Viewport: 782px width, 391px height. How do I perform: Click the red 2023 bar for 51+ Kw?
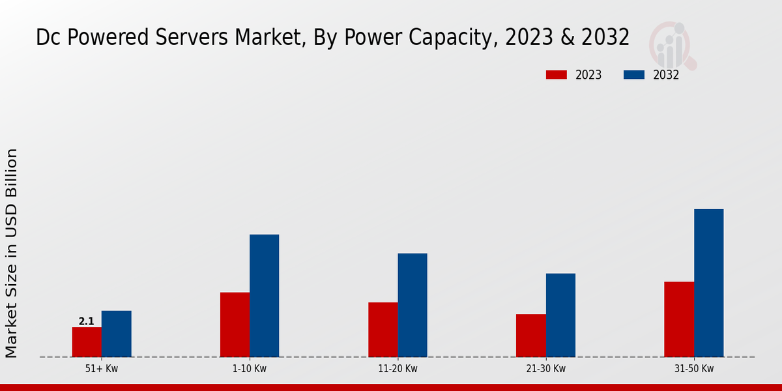pos(87,342)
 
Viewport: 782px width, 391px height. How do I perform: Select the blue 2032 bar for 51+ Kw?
pos(116,334)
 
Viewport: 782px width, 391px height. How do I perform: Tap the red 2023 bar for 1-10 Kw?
pos(235,325)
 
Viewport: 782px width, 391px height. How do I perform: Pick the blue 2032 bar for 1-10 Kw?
pos(264,296)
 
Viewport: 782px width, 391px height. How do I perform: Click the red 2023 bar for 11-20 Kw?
pos(383,330)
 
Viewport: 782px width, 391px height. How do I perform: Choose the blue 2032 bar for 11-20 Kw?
pos(413,305)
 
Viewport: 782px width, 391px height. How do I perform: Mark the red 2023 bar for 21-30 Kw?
pos(530,336)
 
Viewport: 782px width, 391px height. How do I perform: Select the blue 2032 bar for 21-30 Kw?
pos(560,315)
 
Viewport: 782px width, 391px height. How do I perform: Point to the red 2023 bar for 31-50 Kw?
pos(679,319)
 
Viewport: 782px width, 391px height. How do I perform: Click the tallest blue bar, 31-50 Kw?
pos(708,283)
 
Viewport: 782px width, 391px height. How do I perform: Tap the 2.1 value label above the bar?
pos(86,321)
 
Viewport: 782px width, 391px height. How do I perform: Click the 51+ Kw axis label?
pos(102,369)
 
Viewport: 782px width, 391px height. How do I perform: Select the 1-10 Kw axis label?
pos(250,369)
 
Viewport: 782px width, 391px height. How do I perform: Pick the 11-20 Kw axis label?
pos(398,369)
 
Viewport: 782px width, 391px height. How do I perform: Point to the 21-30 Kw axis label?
pos(545,369)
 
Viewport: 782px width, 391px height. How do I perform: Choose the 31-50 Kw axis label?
pos(694,369)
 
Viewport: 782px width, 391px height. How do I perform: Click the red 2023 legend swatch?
pos(557,75)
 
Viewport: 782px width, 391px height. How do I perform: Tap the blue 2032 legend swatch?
pos(633,75)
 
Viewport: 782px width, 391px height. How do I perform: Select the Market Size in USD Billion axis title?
pos(12,253)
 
